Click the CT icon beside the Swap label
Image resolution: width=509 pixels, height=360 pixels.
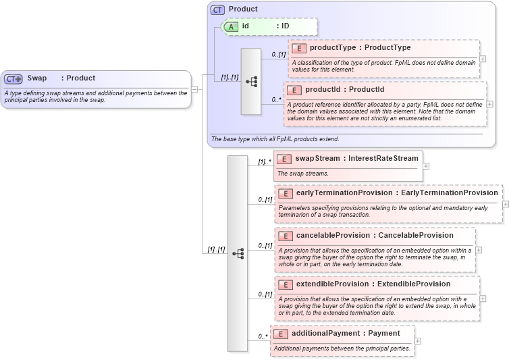pos(14,78)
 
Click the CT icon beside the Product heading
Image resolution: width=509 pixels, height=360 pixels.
pos(217,9)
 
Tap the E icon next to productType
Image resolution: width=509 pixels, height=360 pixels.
pos(298,48)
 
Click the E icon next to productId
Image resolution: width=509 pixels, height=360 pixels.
pos(294,90)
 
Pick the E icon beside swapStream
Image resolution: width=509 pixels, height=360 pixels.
pos(284,159)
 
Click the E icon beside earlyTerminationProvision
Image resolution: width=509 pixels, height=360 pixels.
pos(286,193)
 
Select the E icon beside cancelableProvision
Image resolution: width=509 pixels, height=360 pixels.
pos(286,236)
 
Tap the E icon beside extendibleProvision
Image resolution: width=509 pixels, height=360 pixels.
pos(286,284)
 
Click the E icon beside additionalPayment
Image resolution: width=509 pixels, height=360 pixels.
pos(280,334)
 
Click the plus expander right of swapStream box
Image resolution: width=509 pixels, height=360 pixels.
pos(426,165)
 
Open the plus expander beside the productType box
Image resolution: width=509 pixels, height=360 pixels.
pos(483,59)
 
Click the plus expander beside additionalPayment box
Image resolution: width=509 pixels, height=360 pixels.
pos(418,340)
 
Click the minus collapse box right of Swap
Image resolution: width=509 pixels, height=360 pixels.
pos(194,88)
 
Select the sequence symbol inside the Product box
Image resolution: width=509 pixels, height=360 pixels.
pos(251,82)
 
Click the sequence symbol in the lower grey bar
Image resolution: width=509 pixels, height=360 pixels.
pos(237,253)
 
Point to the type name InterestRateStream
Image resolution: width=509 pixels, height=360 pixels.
pos(383,159)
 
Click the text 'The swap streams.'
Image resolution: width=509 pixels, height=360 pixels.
pos(303,174)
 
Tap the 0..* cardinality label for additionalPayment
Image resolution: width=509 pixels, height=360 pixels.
pos(263,336)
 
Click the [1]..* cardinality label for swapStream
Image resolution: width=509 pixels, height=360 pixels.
pos(264,162)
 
